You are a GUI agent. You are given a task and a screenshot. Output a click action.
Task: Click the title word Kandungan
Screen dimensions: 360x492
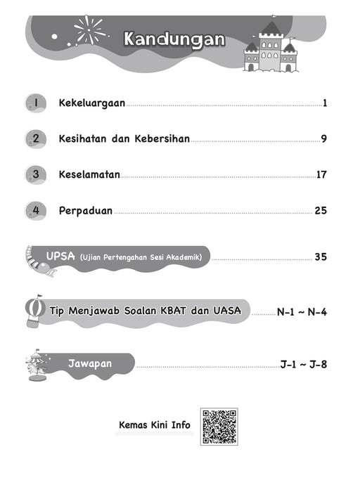point(174,39)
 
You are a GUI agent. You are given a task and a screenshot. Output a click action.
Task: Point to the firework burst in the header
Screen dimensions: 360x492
point(89,30)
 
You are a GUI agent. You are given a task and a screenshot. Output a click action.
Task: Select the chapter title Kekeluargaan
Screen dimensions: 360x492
point(91,103)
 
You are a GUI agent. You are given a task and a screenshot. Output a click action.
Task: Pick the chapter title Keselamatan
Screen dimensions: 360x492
point(89,174)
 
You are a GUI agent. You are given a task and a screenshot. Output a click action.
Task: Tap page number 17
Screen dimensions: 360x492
point(321,174)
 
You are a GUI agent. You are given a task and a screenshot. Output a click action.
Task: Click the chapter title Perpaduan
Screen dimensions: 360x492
point(85,209)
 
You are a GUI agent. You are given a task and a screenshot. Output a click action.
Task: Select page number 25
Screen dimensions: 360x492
point(321,209)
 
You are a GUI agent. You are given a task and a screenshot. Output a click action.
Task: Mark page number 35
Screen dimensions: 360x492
point(321,257)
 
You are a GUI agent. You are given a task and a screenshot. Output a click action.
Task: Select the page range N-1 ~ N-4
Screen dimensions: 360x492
point(302,310)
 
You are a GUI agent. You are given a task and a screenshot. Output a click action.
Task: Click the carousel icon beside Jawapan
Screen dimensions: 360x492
point(36,364)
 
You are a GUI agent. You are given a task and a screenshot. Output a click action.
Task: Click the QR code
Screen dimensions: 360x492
point(219,427)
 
